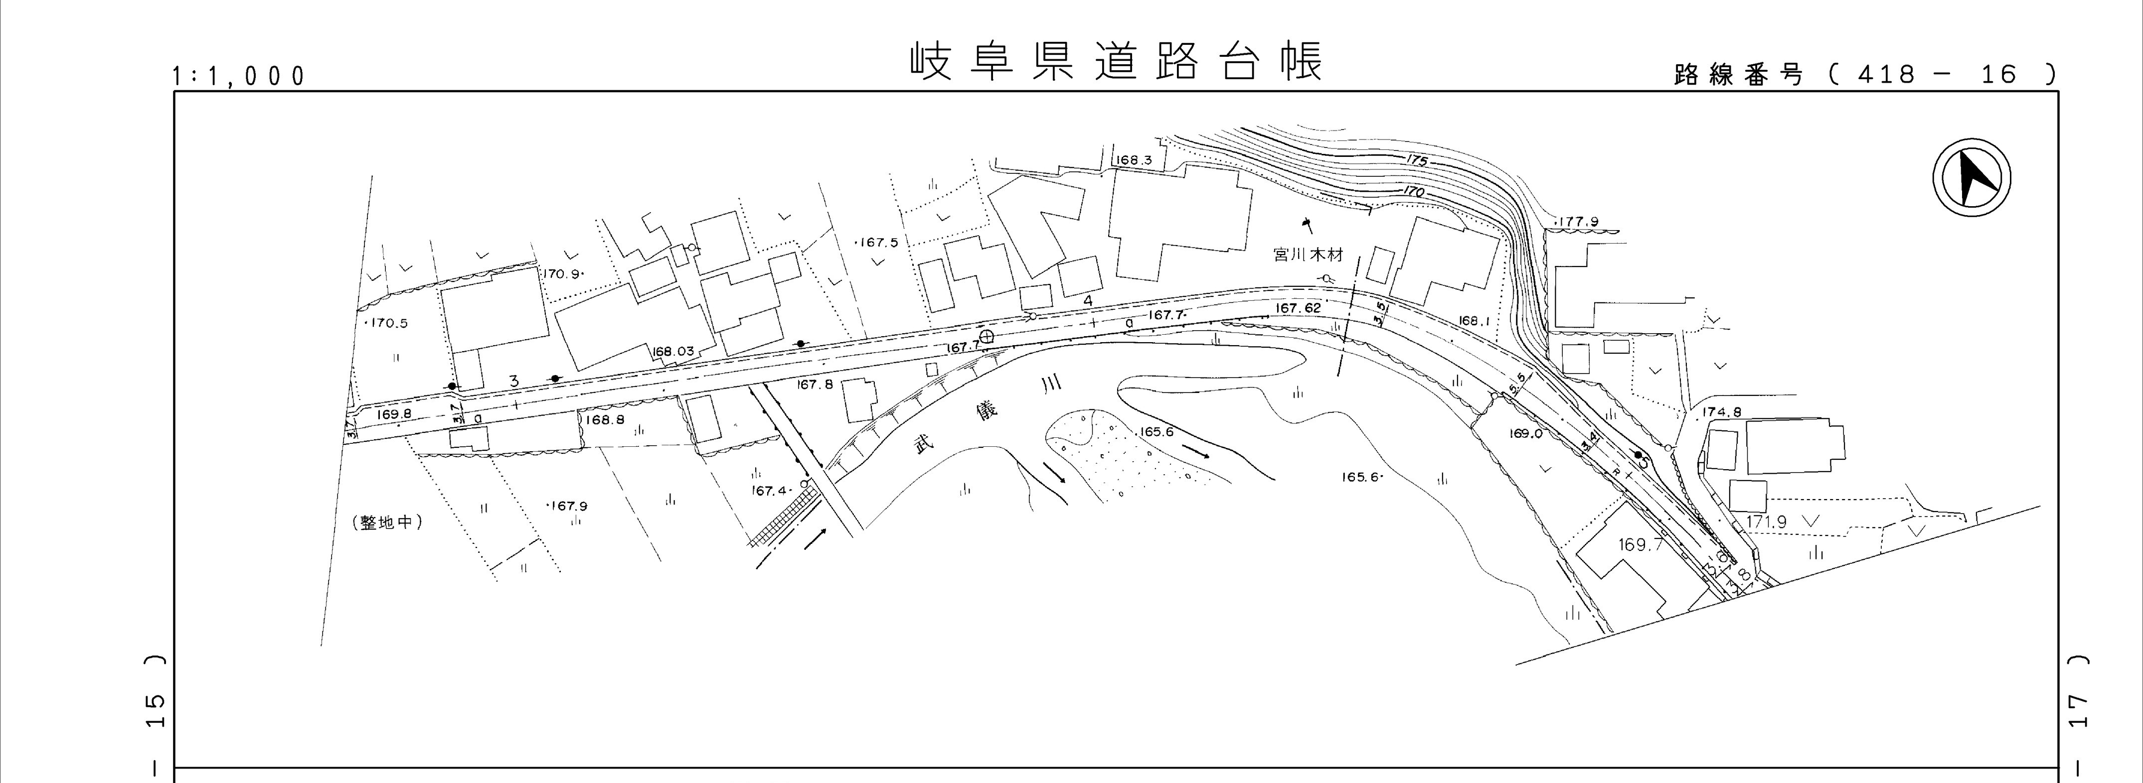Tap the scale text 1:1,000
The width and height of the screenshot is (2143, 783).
[239, 77]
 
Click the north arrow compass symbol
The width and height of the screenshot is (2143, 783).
[1971, 179]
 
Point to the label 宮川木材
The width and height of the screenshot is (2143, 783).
[1309, 255]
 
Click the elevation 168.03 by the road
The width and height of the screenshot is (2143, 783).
[673, 352]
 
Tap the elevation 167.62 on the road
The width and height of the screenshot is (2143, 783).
[1298, 308]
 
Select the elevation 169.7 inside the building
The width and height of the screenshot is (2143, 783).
[1640, 545]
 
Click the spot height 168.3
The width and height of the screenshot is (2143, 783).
[1134, 159]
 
